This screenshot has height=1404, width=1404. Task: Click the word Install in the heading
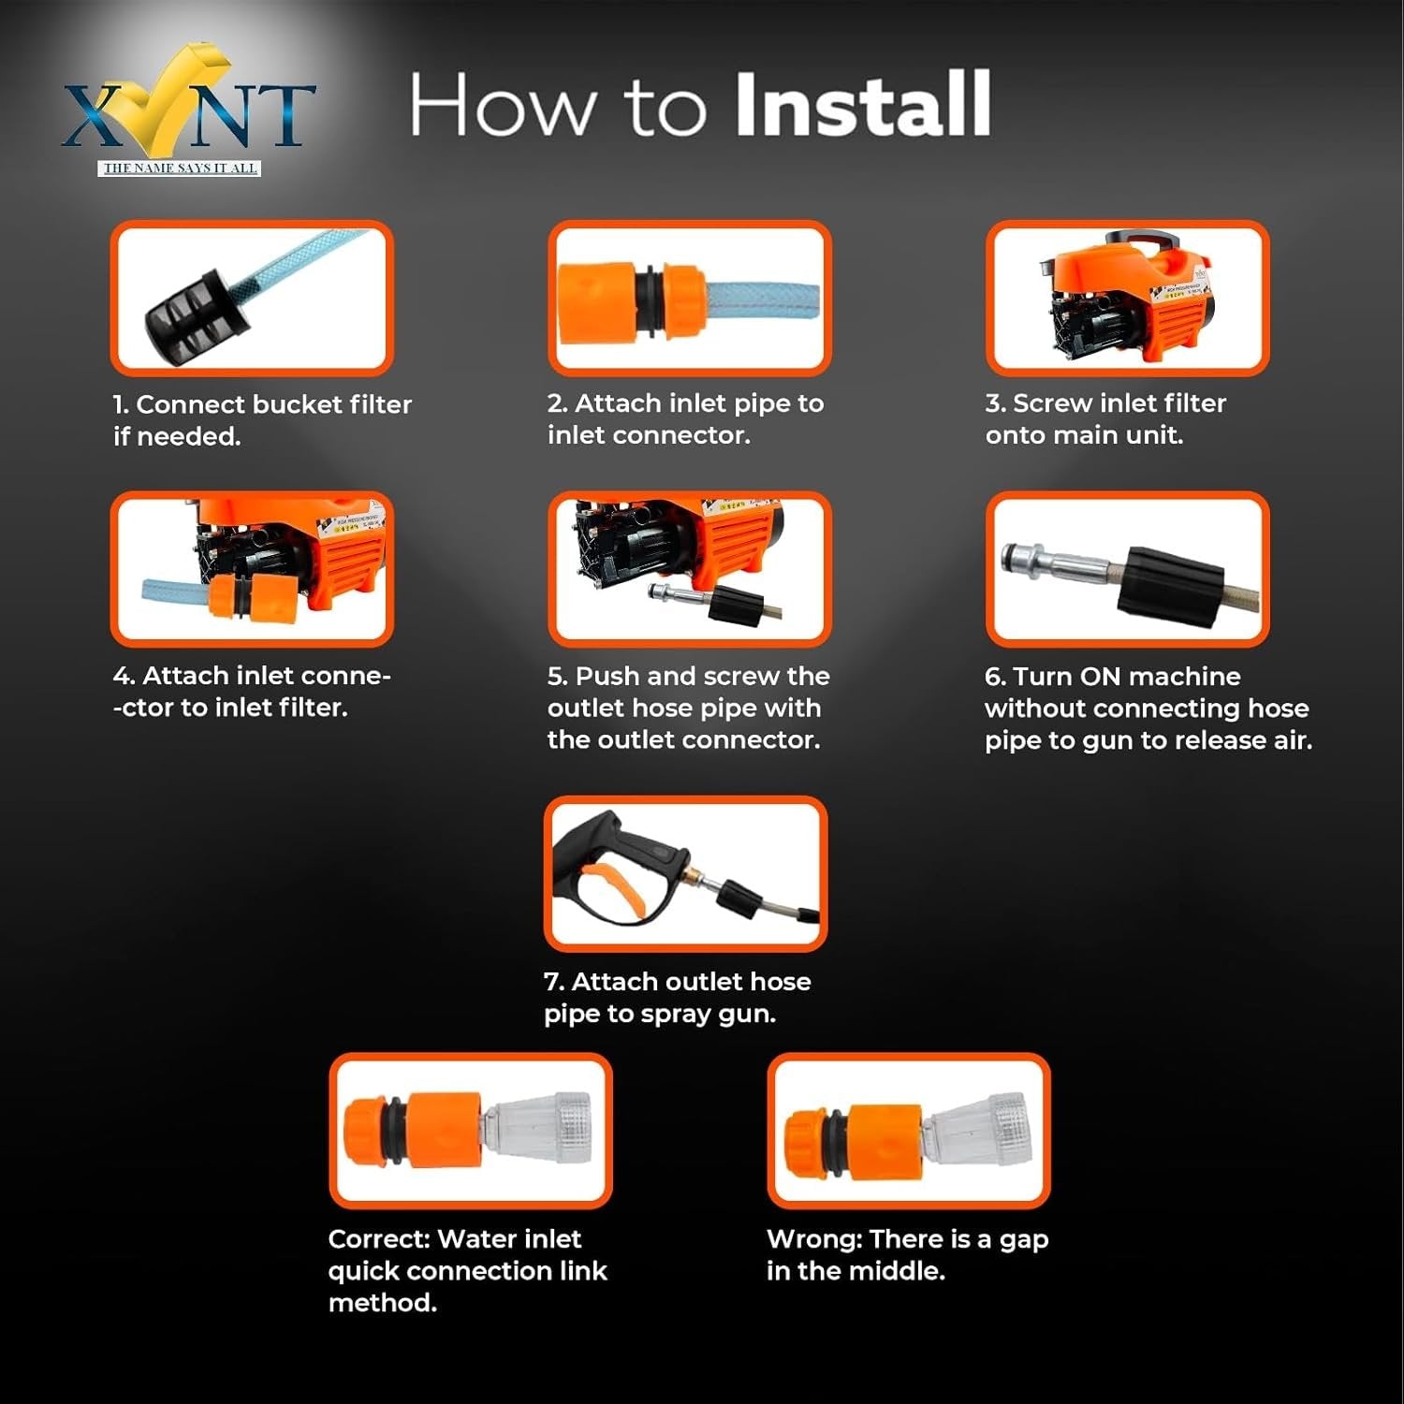point(862,105)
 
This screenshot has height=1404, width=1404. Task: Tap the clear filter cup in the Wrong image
point(979,1132)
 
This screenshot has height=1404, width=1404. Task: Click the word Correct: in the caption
point(378,1239)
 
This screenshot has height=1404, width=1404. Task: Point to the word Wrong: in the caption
point(813,1239)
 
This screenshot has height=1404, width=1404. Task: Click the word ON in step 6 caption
point(1100,677)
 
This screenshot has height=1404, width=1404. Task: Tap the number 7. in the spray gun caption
point(553,982)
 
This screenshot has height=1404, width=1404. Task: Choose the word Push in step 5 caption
point(607,677)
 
